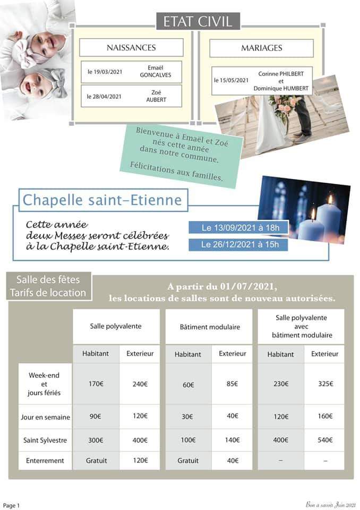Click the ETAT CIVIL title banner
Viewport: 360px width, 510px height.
[198, 21]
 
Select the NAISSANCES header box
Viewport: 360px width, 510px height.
[131, 48]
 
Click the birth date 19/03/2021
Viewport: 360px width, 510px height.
[105, 72]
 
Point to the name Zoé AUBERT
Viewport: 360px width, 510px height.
[156, 96]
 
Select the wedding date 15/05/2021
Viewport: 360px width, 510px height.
[231, 80]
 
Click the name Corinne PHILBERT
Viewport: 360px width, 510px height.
[281, 74]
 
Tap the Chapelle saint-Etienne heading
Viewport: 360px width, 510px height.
[102, 200]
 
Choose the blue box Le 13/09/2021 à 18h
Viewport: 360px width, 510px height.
[238, 228]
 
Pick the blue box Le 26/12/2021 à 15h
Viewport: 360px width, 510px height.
[238, 245]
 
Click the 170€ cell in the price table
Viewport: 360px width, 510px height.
[96, 384]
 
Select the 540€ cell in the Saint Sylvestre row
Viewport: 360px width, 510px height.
[324, 440]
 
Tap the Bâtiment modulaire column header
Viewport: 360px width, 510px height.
[210, 327]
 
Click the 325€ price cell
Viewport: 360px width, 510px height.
[324, 384]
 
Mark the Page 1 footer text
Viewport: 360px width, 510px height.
[11, 505]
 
